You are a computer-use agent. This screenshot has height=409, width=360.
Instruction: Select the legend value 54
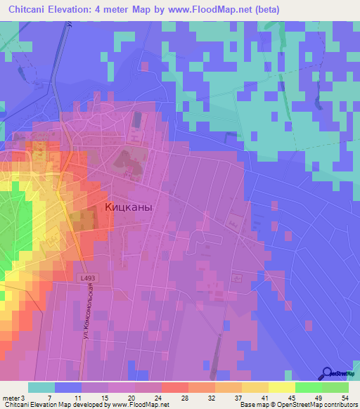[345, 398]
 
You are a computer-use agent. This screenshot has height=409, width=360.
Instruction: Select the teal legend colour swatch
[41, 388]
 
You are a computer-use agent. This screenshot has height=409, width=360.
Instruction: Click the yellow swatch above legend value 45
[282, 388]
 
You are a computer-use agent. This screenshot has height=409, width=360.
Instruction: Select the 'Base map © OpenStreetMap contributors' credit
[298, 405]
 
